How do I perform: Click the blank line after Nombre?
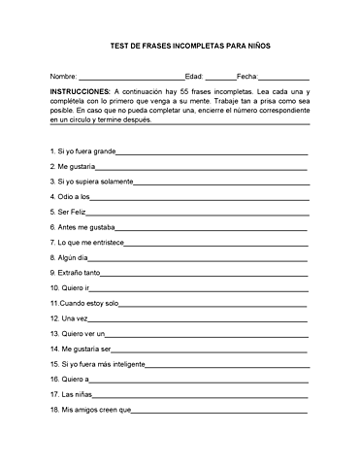[x=130, y=77]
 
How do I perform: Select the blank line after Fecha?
[x=284, y=77]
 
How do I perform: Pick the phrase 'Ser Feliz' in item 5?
[x=73, y=212]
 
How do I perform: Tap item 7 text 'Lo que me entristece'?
[x=90, y=243]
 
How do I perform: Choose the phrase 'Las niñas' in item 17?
[x=76, y=394]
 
